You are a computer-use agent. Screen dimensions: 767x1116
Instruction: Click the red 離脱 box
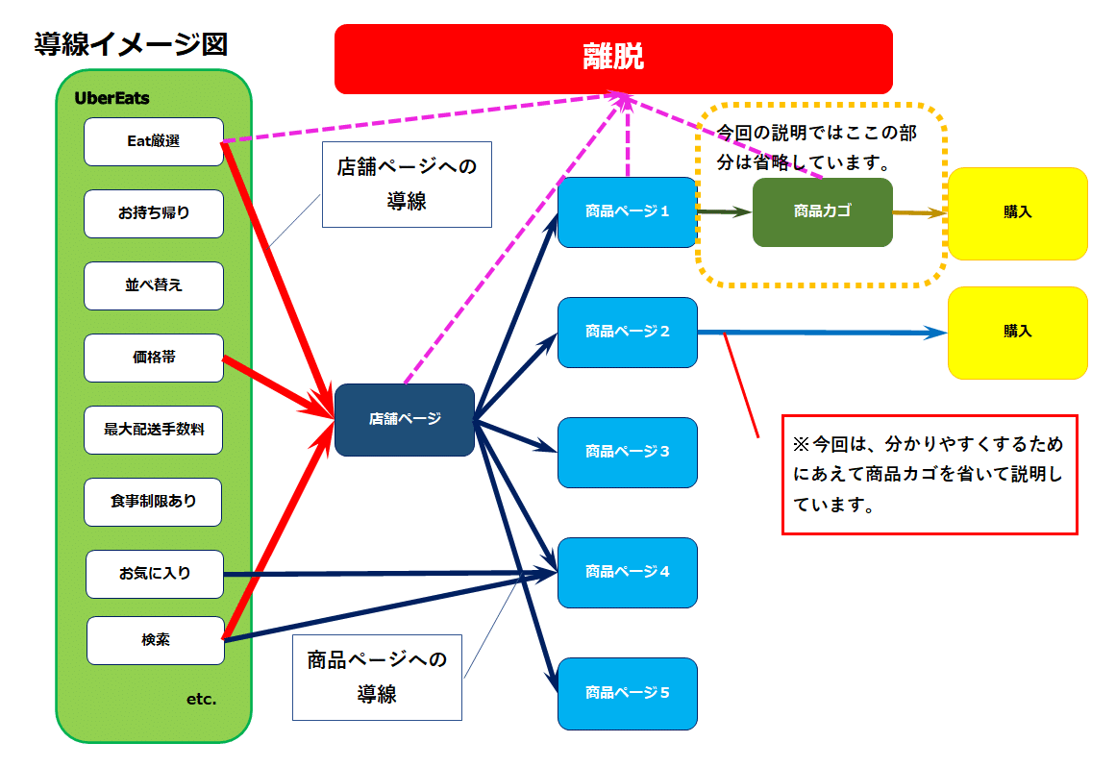click(613, 59)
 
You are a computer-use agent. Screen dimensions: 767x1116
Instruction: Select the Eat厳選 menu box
click(154, 141)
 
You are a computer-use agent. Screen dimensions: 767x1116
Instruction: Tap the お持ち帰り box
click(154, 213)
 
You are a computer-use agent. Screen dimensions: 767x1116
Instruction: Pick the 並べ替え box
click(154, 285)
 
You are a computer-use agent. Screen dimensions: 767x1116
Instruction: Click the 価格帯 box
click(154, 358)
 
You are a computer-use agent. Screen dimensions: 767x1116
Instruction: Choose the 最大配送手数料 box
click(154, 430)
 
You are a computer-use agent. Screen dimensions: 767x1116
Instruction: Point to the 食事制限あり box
click(154, 502)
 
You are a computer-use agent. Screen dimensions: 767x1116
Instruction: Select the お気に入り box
click(155, 574)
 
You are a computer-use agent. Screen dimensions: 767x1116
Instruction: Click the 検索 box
click(156, 640)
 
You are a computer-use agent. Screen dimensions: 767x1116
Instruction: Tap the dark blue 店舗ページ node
click(405, 419)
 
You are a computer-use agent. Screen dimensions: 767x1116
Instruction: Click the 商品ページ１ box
click(627, 211)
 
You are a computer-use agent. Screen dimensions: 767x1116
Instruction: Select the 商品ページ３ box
click(627, 452)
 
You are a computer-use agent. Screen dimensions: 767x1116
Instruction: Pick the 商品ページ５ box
click(627, 693)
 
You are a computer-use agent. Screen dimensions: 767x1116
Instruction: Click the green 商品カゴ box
click(822, 211)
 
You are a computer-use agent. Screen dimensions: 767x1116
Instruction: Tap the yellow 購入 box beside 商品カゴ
click(1017, 213)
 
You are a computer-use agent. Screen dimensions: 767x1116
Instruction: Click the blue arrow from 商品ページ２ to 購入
click(827, 333)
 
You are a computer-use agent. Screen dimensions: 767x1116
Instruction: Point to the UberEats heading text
click(112, 98)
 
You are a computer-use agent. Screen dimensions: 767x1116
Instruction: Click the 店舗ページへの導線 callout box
click(407, 185)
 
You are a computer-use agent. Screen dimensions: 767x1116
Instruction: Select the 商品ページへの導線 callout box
click(377, 677)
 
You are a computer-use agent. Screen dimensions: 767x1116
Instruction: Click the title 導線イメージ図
click(131, 44)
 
